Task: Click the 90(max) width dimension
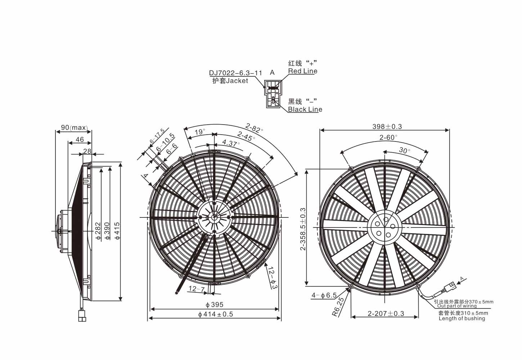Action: pyautogui.click(x=74, y=127)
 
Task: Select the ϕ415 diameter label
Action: pyautogui.click(x=117, y=231)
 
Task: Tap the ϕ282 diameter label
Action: pyautogui.click(x=98, y=231)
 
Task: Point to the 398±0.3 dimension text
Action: pyautogui.click(x=387, y=126)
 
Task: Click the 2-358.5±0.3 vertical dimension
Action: pyautogui.click(x=303, y=229)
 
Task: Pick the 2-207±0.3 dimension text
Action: pyautogui.click(x=386, y=314)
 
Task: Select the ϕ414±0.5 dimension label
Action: pyautogui.click(x=216, y=314)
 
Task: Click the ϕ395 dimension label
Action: pyautogui.click(x=215, y=305)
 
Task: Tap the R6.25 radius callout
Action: pyautogui.click(x=338, y=307)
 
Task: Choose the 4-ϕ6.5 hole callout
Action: pyautogui.click(x=324, y=296)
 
